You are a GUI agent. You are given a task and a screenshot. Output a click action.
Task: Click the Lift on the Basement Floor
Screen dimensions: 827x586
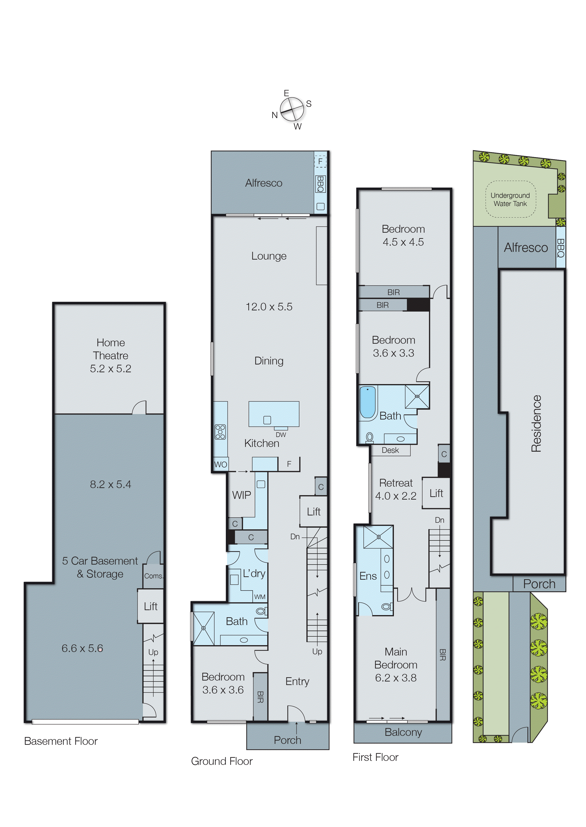coord(151,606)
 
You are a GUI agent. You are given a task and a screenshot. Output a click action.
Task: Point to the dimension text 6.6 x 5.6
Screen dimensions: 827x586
coord(82,648)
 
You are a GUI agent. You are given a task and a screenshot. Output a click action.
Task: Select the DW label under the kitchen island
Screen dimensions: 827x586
coord(281,435)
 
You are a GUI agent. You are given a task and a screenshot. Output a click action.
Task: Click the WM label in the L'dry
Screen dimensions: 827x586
coord(260,597)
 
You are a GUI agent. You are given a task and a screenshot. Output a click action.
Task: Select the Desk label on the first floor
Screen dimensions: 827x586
coord(390,450)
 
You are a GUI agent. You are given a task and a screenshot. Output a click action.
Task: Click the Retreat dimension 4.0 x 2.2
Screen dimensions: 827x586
coord(396,496)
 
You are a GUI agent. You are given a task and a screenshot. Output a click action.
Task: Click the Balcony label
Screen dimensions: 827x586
coord(403,732)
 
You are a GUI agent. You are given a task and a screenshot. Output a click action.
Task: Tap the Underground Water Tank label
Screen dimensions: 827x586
coord(510,199)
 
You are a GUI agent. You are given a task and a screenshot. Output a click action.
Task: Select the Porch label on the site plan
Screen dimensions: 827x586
coord(539,584)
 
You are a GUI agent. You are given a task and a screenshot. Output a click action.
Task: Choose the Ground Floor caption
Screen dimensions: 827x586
coord(222,761)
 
